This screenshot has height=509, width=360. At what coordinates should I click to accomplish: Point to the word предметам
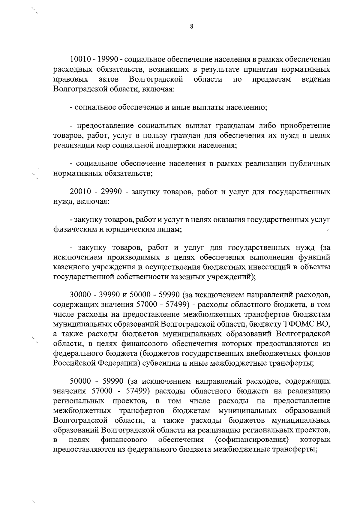coord(271,79)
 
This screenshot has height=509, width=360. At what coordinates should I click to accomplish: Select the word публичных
coord(310,164)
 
